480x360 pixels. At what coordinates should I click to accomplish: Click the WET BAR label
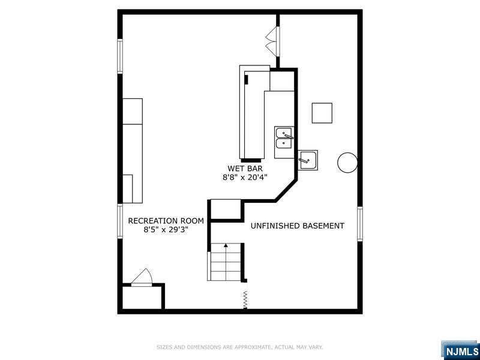(x=245, y=169)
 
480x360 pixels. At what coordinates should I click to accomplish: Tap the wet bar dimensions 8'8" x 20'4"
(x=245, y=177)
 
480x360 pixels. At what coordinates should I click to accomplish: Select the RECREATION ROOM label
(x=166, y=221)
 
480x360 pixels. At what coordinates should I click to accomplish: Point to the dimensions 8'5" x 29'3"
(x=166, y=230)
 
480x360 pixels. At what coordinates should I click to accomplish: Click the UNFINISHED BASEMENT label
(x=297, y=226)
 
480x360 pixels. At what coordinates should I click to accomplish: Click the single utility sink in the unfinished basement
(x=308, y=160)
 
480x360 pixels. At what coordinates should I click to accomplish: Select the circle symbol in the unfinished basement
(x=347, y=163)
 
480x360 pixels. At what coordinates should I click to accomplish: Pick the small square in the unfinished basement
(x=322, y=113)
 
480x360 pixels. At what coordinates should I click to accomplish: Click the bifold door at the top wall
(x=273, y=41)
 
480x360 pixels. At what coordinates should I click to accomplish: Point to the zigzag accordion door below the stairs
(x=245, y=299)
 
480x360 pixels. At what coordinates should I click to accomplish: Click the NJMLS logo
(x=460, y=350)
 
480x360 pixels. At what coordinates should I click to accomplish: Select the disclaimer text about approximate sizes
(x=239, y=347)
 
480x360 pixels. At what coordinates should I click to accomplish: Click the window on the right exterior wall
(x=360, y=224)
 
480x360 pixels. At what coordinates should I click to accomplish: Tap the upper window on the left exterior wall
(x=120, y=56)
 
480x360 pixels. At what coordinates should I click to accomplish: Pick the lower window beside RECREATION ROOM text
(x=120, y=221)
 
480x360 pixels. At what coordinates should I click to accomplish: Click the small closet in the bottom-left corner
(x=142, y=298)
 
